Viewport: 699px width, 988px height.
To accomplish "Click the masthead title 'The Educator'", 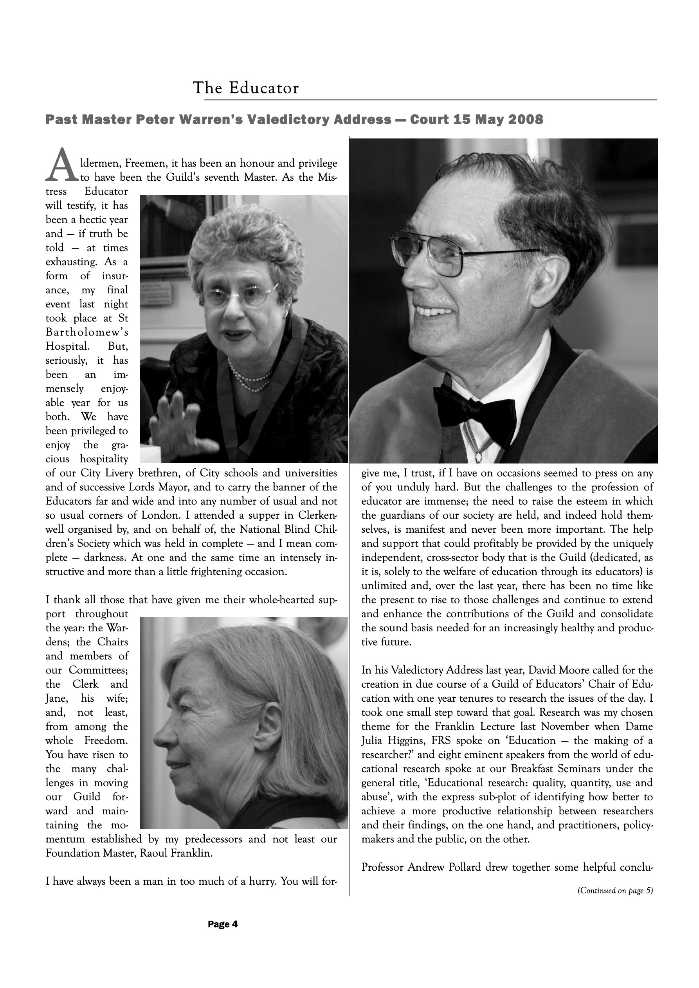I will tap(245, 88).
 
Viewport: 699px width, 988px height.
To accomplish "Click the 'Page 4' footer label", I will tap(223, 924).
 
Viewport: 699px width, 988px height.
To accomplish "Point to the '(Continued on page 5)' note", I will tap(614, 891).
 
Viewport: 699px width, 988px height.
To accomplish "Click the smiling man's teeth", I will tap(432, 311).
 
